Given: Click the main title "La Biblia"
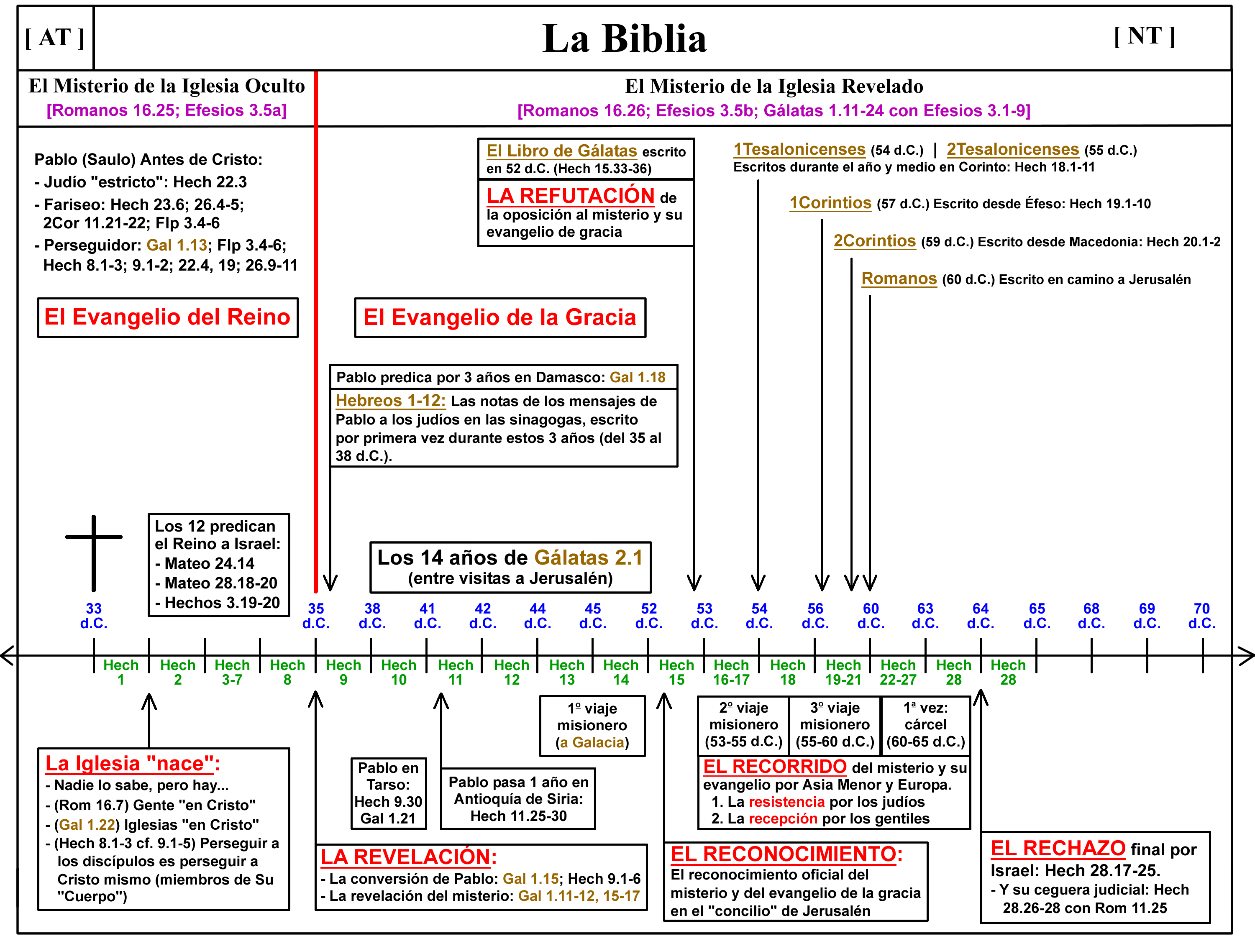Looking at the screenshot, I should tap(624, 38).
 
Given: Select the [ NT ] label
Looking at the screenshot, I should tap(1145, 36).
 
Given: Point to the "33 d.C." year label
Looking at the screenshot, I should tap(94, 616).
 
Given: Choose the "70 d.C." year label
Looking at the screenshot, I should tap(1202, 616).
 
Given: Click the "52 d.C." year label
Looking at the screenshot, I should tap(648, 616).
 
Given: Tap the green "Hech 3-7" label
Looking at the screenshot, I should tap(232, 672).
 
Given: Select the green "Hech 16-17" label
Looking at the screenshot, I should tap(731, 672).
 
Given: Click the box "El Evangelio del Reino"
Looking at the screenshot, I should tap(167, 317).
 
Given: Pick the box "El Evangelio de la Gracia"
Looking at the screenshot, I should tap(500, 317).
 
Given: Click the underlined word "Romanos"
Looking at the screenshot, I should tap(899, 279).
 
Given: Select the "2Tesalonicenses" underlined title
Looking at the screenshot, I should tap(1012, 149).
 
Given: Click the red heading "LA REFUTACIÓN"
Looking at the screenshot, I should tap(570, 196).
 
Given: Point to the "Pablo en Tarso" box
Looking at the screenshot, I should tap(388, 793).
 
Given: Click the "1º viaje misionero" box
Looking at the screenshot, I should tap(592, 726).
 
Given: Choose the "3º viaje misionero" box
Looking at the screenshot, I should tap(835, 725).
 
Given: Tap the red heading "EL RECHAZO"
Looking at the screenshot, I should tap(1058, 848).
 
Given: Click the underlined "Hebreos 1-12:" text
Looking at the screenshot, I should tap(390, 401).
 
